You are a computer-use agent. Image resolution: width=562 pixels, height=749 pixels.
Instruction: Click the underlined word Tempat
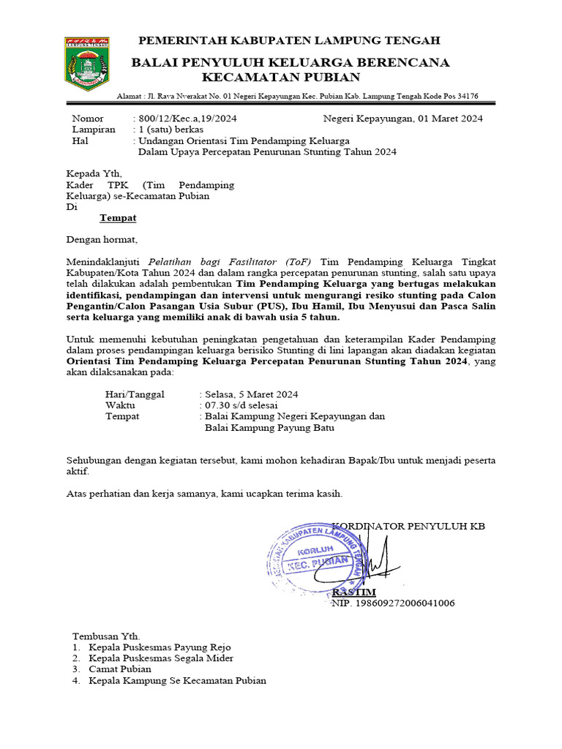tap(118, 218)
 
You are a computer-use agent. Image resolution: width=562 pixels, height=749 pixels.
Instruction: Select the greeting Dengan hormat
tap(102, 239)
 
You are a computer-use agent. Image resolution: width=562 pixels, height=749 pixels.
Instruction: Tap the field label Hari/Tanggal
tap(135, 394)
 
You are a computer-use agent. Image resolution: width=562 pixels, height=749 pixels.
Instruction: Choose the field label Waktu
tap(121, 405)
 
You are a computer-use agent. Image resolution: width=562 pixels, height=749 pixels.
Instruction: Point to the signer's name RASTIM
tap(354, 592)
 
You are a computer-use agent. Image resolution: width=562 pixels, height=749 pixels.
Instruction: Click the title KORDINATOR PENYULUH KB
tap(408, 527)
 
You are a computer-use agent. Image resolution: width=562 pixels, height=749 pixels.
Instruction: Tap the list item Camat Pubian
tap(120, 669)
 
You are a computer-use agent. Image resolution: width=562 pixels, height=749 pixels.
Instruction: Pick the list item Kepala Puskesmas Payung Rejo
tap(160, 648)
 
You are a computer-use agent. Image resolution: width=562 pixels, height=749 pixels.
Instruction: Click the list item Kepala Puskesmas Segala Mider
tap(162, 658)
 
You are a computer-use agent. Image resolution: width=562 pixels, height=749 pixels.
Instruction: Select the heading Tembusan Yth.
tap(105, 636)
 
